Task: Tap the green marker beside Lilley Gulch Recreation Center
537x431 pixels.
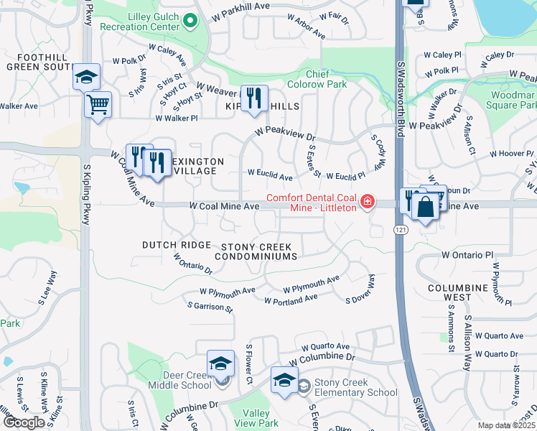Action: [x=190, y=21]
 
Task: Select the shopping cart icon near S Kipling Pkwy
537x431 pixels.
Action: [x=98, y=104]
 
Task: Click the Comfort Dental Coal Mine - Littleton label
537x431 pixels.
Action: [x=312, y=203]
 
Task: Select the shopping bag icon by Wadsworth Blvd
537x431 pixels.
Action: [x=426, y=207]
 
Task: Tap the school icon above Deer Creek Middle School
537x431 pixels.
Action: [x=220, y=363]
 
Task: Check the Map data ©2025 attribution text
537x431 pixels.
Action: [x=506, y=425]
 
